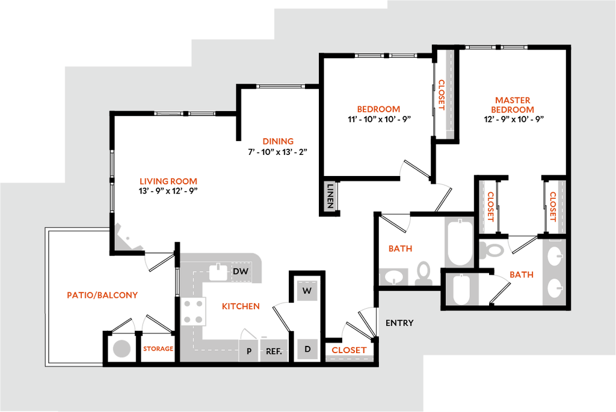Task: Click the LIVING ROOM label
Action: pos(168,181)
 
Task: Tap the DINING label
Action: pos(278,142)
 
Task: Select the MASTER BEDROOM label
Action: pos(513,105)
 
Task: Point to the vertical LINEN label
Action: pos(329,196)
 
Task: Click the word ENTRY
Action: pos(399,323)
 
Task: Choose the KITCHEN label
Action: pos(241,306)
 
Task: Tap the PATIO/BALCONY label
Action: pos(103,295)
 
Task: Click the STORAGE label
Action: pos(158,348)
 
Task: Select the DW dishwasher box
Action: pos(241,272)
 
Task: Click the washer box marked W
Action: pos(307,291)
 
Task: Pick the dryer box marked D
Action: pos(307,349)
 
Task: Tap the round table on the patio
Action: pos(122,349)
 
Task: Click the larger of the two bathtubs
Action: pos(460,242)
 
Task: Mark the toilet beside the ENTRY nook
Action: pos(424,273)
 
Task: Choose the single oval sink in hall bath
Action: pos(394,277)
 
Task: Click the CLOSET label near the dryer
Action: pos(349,349)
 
